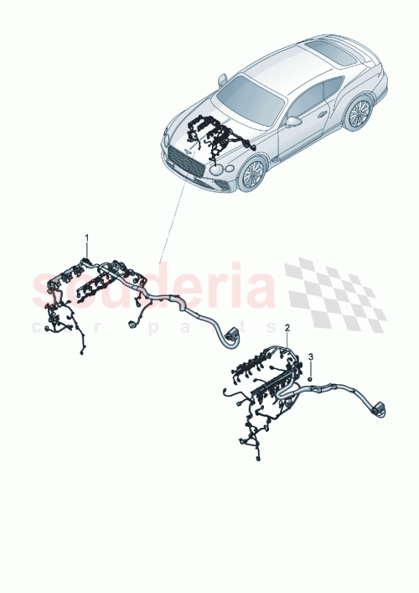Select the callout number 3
[x=311, y=358]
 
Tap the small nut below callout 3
[x=311, y=377]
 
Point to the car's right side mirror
[x=293, y=121]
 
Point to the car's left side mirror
[x=223, y=80]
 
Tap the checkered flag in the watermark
[x=335, y=294]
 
